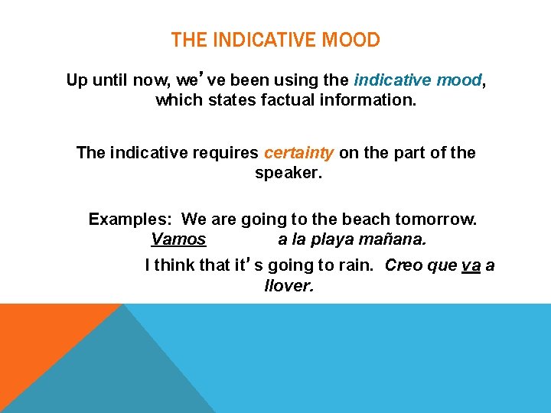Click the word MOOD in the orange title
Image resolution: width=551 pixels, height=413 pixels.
tap(350, 40)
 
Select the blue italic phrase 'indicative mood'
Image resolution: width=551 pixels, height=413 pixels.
tap(418, 80)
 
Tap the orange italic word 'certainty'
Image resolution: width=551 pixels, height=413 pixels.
tap(298, 153)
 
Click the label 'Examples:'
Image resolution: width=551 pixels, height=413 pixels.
tap(129, 220)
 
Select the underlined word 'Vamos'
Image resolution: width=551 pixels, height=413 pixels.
tap(178, 239)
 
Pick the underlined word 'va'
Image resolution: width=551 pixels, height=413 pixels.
tap(471, 265)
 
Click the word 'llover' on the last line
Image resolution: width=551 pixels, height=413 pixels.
tap(289, 286)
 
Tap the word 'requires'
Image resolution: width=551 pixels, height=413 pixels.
tap(231, 153)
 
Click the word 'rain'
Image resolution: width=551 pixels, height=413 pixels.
tap(358, 265)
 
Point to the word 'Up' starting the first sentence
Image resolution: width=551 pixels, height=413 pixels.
tap(77, 80)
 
